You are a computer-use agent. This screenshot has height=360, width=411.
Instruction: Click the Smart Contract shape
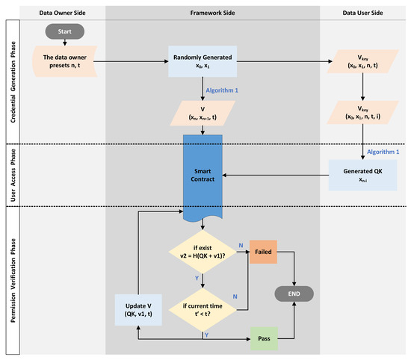(x=204, y=176)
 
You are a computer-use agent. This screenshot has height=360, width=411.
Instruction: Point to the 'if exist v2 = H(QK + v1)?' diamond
(x=204, y=253)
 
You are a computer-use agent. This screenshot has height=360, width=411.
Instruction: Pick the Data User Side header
(x=362, y=12)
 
